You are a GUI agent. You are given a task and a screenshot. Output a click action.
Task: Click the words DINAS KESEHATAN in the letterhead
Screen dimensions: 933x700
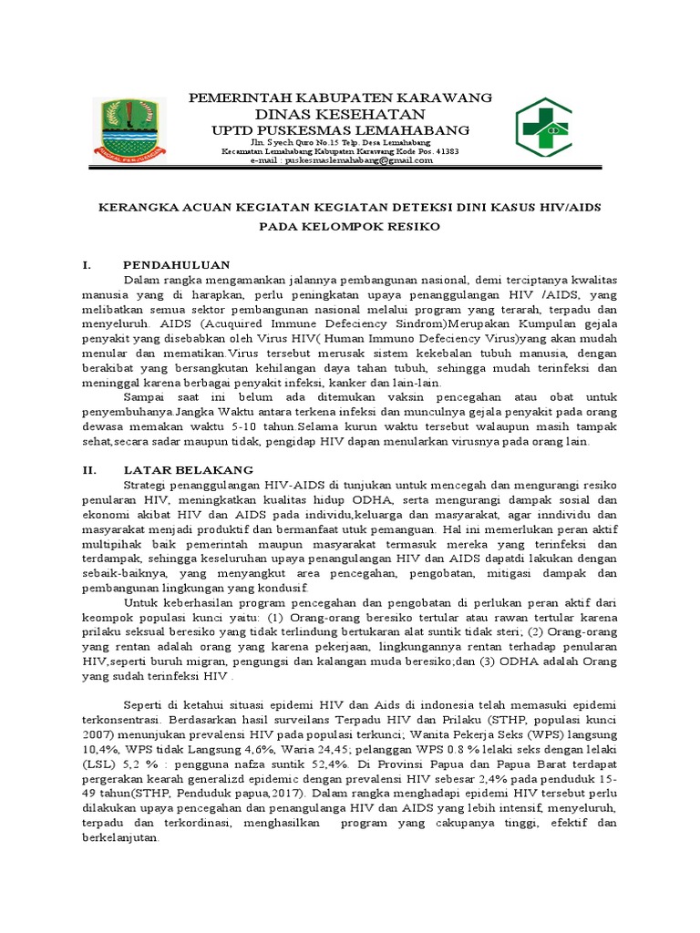pos(340,114)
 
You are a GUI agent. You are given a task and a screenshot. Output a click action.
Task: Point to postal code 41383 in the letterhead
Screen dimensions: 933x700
pos(443,151)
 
